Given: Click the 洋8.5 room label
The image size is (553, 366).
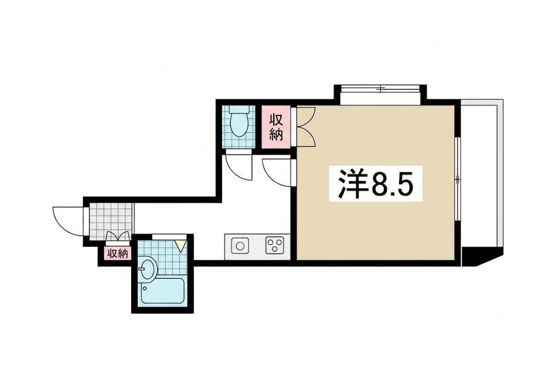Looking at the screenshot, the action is [x=375, y=184].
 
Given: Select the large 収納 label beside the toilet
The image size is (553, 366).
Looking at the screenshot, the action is [x=276, y=127].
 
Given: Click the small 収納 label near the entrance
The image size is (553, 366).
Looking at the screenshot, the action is [x=118, y=254].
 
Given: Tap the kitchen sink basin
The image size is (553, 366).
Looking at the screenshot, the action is [x=240, y=246].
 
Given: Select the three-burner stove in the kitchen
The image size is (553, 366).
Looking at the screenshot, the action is [x=274, y=246].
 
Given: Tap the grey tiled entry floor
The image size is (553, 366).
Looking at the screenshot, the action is [x=111, y=220].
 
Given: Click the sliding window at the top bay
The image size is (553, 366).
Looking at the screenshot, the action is [x=380, y=88].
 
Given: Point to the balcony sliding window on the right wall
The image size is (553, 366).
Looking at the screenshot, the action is [x=457, y=179].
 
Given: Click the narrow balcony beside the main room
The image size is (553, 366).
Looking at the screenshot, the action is [x=481, y=175].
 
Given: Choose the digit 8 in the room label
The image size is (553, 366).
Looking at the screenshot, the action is [x=380, y=184].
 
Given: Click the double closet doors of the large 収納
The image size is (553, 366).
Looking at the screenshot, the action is [x=306, y=126].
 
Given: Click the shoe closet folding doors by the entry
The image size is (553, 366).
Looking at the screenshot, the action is [x=117, y=236].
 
